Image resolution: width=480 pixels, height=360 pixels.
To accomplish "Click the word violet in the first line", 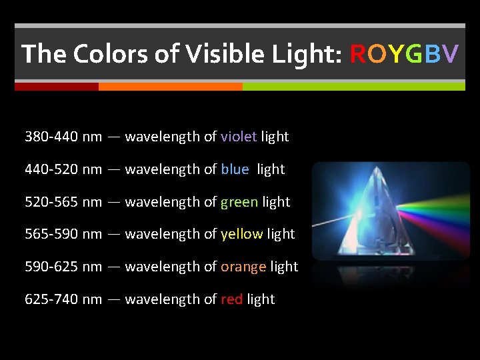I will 239,137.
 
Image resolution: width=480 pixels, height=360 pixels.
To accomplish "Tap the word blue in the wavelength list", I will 235,169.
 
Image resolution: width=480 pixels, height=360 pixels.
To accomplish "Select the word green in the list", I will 239,202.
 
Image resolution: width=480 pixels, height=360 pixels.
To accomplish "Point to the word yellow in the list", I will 241,234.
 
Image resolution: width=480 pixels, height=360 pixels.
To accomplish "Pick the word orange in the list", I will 243,267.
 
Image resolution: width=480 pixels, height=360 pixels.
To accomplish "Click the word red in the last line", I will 231,299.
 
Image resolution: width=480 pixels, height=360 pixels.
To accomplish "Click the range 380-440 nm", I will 63,137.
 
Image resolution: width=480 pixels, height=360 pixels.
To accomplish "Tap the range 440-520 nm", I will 63,169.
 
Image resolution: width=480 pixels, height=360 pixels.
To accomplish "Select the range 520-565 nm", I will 63,202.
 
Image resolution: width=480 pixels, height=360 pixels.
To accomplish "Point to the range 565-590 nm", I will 63,234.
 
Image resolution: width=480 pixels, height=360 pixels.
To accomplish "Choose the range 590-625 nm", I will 63,267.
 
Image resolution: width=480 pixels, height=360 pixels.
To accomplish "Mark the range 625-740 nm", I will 63,299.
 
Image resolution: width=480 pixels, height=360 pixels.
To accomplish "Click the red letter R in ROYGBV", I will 358,53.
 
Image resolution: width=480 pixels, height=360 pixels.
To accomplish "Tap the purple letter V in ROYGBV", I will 451,53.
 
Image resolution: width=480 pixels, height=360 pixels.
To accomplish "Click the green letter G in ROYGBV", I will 413,53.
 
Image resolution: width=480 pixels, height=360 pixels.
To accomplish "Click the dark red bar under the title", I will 57,87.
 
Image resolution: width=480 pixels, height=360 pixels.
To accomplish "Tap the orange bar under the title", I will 170,87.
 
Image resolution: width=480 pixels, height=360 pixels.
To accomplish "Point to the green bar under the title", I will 353,87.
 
